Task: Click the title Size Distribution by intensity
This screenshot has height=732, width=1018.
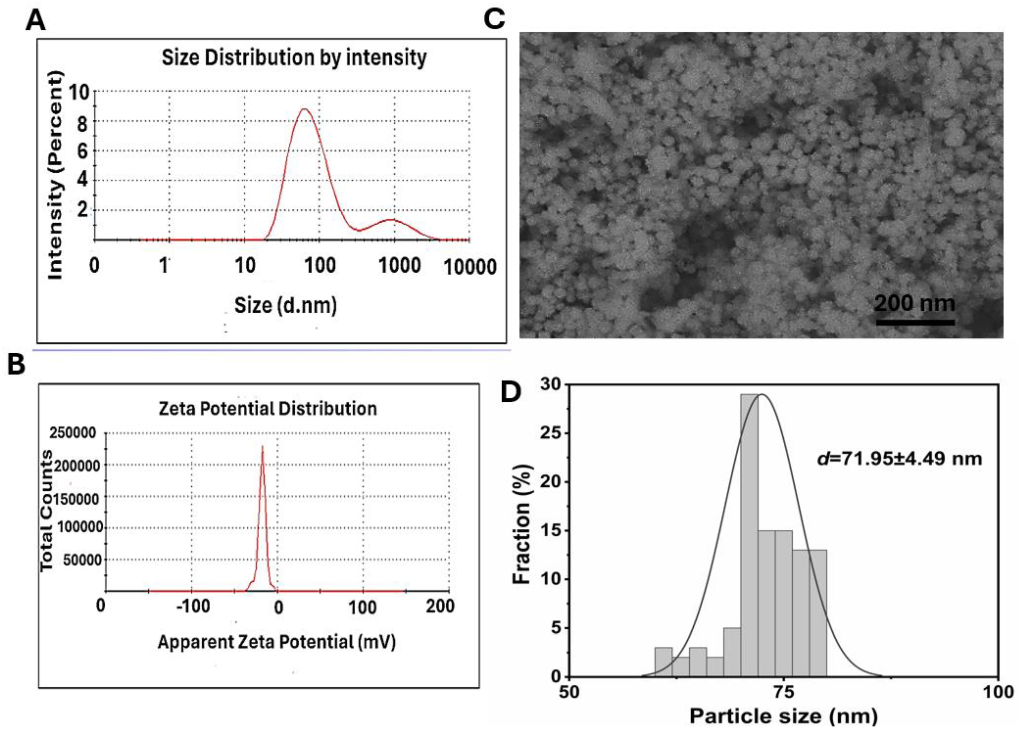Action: pos(294,58)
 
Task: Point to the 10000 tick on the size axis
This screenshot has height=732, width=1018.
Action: pos(470,267)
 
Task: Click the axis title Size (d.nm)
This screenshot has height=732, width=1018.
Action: pos(285,305)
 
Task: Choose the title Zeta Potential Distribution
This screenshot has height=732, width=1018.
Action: pos(268,409)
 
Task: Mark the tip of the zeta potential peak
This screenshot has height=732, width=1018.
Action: pos(263,446)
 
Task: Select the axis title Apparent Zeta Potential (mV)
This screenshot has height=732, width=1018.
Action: pos(276,642)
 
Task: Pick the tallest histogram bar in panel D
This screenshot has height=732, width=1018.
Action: pos(749,534)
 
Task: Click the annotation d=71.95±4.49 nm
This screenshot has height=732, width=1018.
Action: pos(899,458)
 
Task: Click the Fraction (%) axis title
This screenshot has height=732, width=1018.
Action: pos(522,525)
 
